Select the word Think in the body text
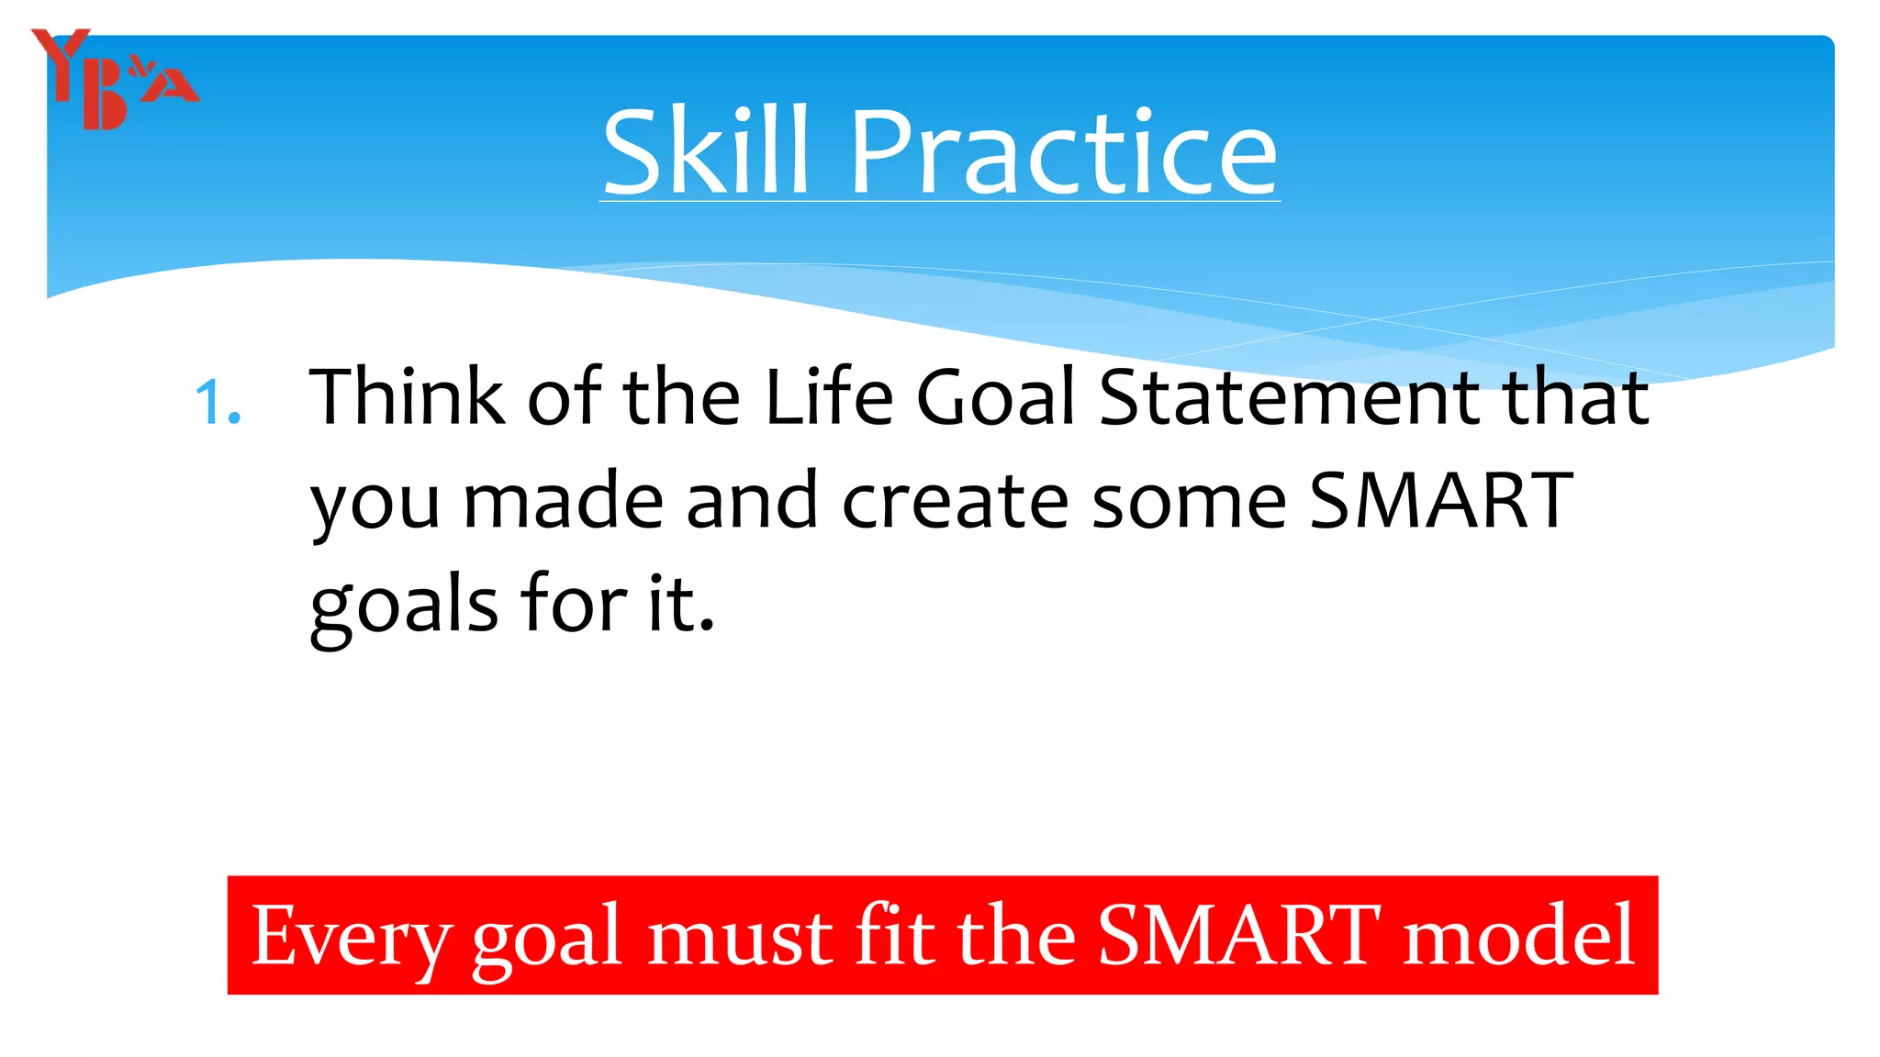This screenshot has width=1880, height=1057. coord(407,396)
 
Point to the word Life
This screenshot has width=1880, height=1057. coord(829,396)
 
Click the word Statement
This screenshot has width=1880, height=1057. coord(1289,396)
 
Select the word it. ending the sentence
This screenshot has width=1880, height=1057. coord(680,606)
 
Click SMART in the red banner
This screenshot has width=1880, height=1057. coord(1238,936)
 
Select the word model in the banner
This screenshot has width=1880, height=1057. coord(1519,936)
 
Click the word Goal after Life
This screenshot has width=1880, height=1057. coord(995,396)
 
